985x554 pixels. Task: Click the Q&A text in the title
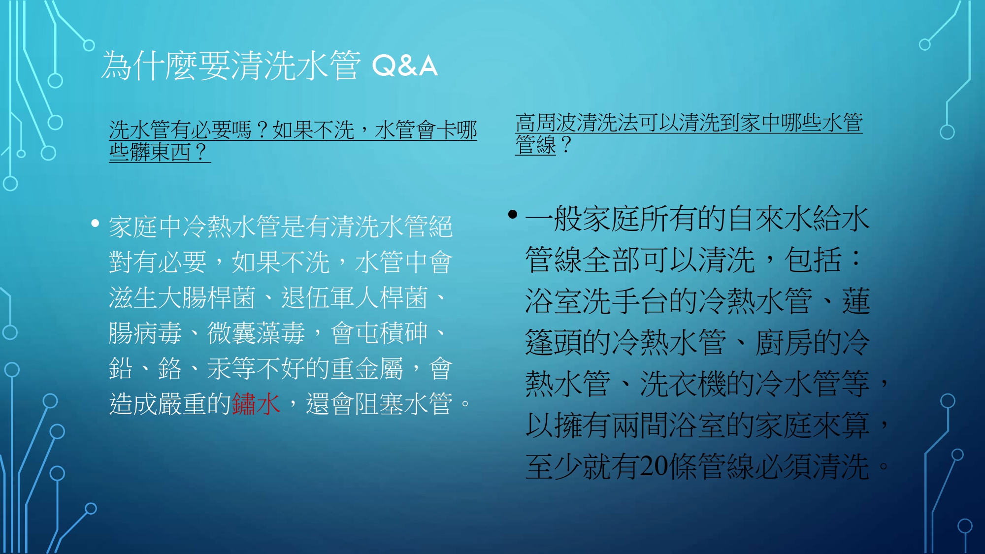click(x=405, y=66)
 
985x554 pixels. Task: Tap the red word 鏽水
click(x=256, y=404)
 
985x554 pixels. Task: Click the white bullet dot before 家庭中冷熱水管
click(x=95, y=224)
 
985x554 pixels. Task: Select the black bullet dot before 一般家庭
click(x=513, y=214)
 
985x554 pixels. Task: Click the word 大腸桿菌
click(x=207, y=297)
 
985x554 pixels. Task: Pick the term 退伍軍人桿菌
click(x=355, y=297)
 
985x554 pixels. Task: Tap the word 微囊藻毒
click(x=256, y=333)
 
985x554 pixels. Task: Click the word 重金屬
click(x=367, y=368)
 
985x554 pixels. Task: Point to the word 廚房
click(x=784, y=342)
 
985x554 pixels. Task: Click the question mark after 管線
click(x=566, y=145)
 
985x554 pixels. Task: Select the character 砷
click(x=416, y=333)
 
